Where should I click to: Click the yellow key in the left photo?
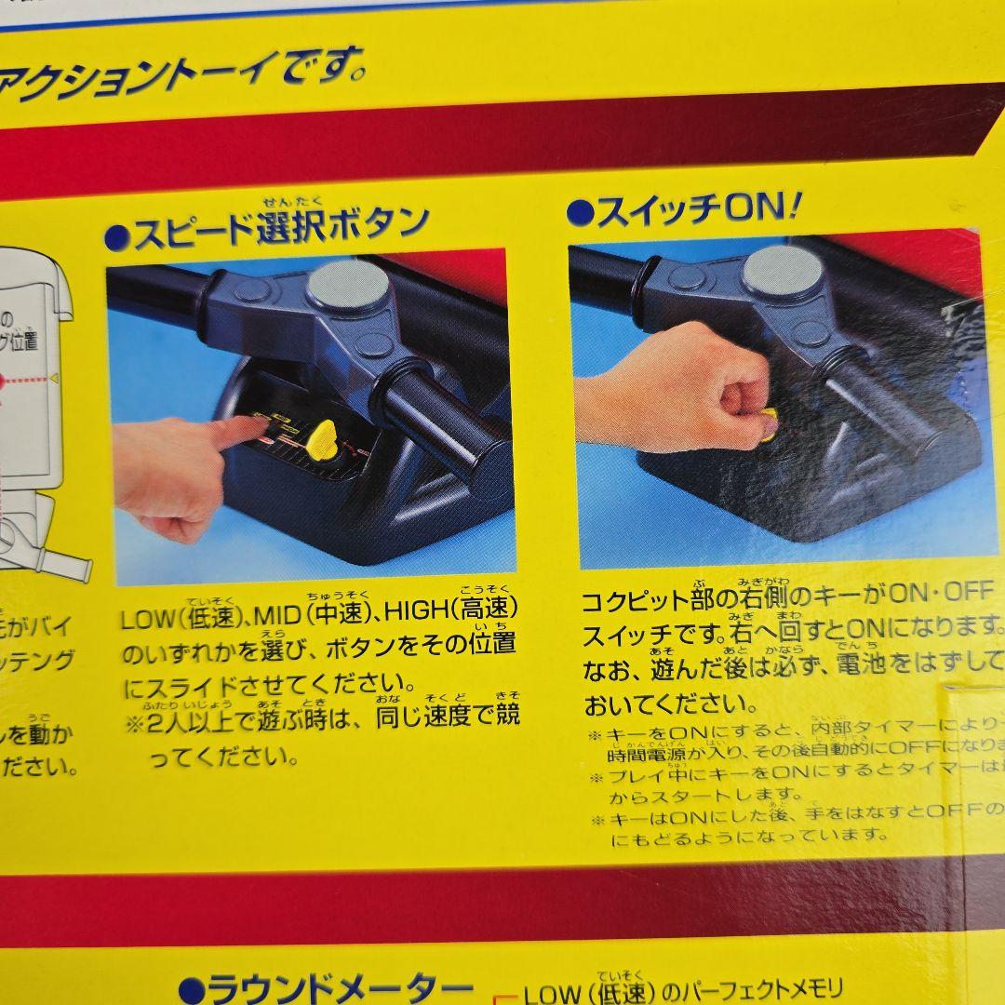(323, 437)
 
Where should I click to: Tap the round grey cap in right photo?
(783, 271)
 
